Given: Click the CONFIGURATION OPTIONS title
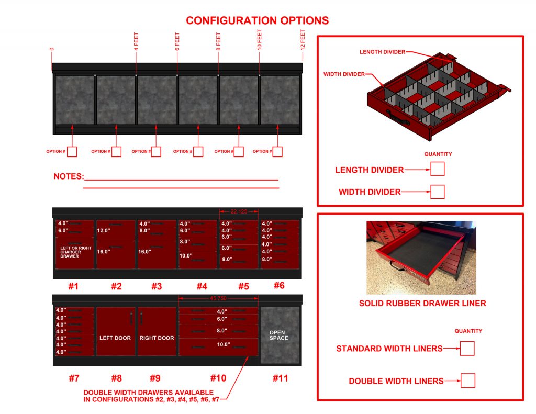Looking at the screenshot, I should tap(258, 20).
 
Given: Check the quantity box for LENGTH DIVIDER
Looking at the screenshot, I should tap(437, 169).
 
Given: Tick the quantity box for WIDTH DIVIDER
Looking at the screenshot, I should tap(437, 192).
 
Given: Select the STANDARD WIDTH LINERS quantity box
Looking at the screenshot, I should tap(467, 349).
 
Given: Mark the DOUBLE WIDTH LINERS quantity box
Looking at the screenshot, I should tap(468, 381).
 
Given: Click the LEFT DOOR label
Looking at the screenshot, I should tap(115, 338).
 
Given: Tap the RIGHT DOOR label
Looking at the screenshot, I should tap(157, 338).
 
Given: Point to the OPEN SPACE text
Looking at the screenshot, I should tap(279, 335).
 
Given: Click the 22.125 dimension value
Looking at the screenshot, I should tap(239, 211).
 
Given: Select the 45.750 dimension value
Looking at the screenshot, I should tap(219, 299).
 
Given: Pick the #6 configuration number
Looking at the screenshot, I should tap(279, 285).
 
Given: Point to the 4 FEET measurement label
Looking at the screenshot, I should tap(137, 40).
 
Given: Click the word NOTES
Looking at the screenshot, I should tap(69, 177).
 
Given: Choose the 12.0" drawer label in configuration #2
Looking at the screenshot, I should tap(103, 230).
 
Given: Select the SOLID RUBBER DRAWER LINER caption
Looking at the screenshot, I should tap(422, 303).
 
